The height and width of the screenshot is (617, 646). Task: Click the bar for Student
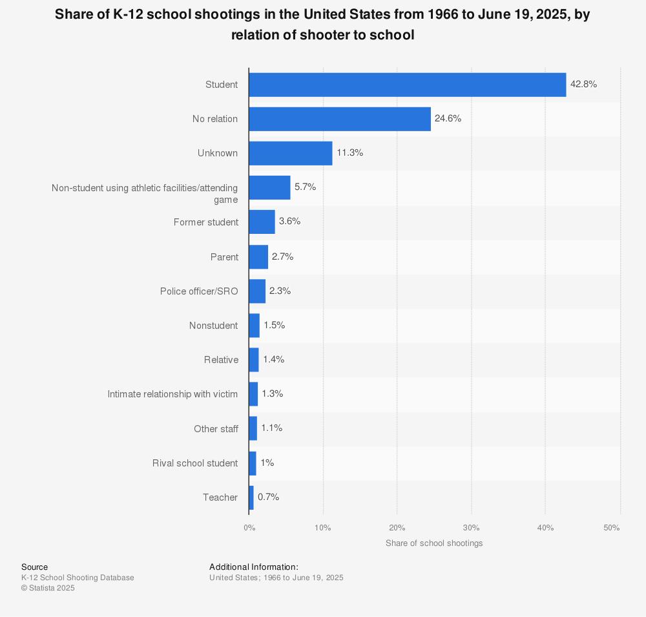(407, 85)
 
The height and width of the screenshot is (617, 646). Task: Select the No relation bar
(339, 119)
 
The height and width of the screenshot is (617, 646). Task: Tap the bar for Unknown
(290, 153)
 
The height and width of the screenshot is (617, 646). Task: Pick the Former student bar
(262, 222)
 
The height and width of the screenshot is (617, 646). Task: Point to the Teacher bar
(251, 497)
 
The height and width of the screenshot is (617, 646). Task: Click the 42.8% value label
(583, 84)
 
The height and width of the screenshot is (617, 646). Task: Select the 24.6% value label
(448, 118)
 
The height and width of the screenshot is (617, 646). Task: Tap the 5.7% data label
(306, 187)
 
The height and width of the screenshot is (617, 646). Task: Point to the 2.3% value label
(280, 291)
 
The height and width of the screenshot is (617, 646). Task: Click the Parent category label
(224, 256)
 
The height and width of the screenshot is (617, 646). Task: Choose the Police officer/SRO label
(199, 291)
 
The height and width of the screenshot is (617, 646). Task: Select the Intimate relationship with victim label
(172, 394)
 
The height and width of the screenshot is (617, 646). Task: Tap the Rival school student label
(195, 463)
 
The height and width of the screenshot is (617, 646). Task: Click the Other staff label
(216, 428)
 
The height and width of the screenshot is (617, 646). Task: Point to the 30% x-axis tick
(471, 528)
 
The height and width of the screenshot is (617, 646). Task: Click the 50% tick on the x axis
(612, 528)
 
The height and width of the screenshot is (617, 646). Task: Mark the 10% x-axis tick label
(322, 528)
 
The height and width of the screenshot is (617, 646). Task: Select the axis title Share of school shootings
(434, 543)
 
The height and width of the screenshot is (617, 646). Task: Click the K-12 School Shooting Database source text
(78, 578)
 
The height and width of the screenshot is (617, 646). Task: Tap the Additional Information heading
(254, 567)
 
